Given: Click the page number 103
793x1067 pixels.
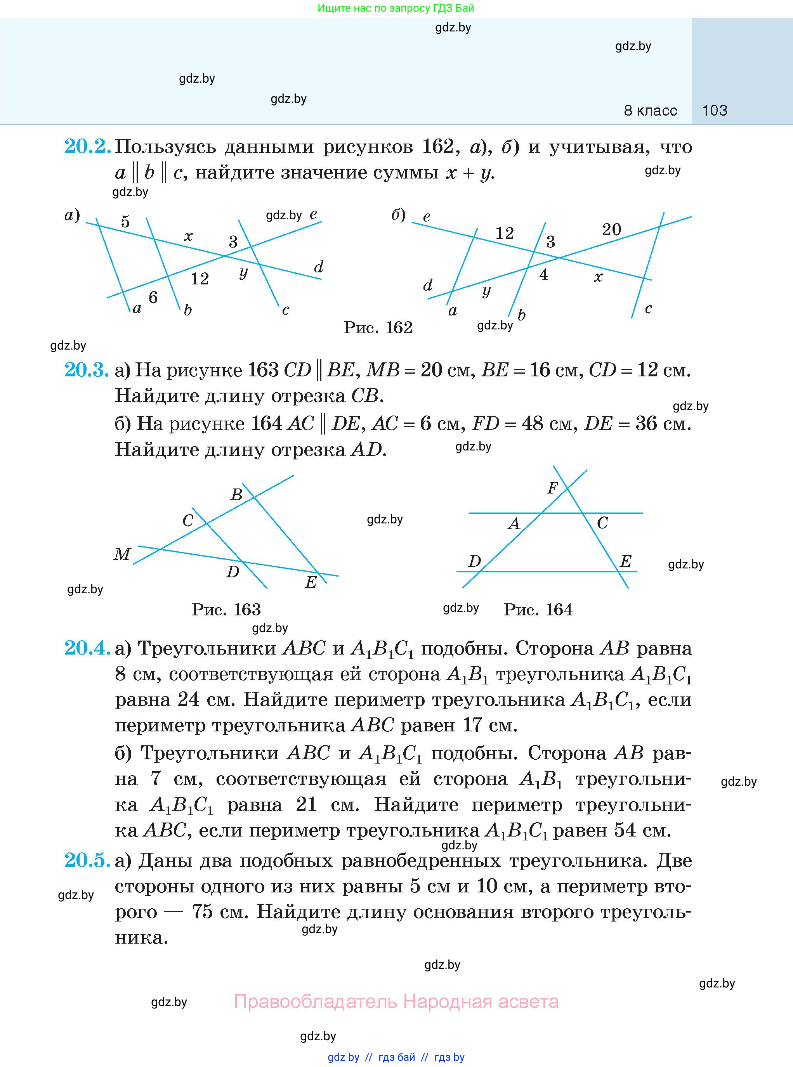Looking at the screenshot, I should click(x=714, y=110).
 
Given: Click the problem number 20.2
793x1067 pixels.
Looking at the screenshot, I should click(x=87, y=146).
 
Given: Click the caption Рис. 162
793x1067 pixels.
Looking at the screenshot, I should click(x=378, y=328).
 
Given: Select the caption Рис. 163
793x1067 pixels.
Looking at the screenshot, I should click(x=226, y=609).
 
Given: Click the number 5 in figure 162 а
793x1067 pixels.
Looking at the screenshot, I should click(x=125, y=221).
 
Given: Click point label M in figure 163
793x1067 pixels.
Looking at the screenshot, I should click(x=122, y=554).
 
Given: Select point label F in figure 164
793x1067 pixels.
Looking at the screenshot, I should click(x=552, y=488).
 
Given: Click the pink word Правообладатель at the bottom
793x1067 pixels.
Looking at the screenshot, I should click(x=316, y=1001).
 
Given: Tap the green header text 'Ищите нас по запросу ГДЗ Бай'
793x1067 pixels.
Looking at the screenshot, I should click(x=396, y=8).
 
